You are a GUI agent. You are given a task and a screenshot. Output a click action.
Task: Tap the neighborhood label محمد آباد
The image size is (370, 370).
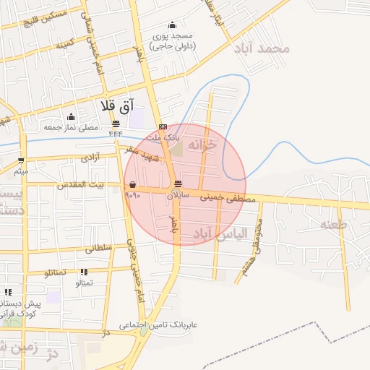262,49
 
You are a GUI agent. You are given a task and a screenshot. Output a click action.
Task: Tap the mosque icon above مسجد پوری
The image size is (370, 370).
171,25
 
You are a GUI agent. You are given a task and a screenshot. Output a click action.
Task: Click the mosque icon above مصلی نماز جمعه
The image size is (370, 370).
71,117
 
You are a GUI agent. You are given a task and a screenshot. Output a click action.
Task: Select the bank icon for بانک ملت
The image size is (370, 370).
163,126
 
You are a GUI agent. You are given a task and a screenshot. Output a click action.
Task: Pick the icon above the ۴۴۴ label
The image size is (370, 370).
116,124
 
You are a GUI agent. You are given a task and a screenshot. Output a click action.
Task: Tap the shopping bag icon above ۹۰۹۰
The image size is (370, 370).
132,185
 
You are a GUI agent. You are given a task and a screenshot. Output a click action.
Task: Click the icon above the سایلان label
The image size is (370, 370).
178,183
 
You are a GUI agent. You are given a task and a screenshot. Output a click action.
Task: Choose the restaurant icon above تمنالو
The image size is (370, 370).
84,272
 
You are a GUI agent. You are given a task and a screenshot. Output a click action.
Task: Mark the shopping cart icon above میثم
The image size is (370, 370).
22,160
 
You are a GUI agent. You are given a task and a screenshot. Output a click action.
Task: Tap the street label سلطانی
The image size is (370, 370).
99,248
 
